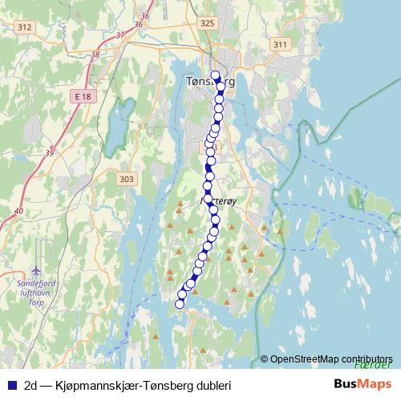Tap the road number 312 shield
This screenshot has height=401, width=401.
pyautogui.click(x=25, y=27)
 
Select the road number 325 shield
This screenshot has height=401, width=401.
pyautogui.click(x=208, y=24)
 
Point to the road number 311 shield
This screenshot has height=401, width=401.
pyautogui.click(x=279, y=44)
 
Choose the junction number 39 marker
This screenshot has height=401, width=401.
pyautogui.click(x=50, y=152)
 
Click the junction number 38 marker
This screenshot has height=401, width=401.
pyautogui.click(x=95, y=55)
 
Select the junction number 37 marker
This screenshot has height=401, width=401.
pyautogui.click(x=120, y=36)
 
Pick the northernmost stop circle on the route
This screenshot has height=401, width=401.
pyautogui.click(x=215, y=75)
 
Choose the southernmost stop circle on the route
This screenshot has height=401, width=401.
pyautogui.click(x=179, y=303)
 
